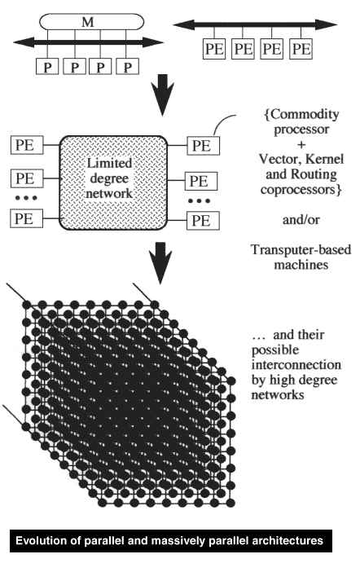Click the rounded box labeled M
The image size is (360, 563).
coord(91,22)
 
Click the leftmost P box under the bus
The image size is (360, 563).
coord(47,67)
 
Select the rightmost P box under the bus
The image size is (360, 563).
coord(127,67)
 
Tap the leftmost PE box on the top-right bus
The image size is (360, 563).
coord(214,48)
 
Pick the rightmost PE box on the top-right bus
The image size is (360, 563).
coord(301,48)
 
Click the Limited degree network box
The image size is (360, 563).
coord(113,183)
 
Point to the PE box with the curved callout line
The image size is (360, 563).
coord(203,146)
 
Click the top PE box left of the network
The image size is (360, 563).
coord(27,145)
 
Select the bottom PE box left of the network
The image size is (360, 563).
coord(27,218)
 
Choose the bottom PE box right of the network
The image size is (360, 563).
coord(203,221)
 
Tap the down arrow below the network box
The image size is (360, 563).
coord(160,263)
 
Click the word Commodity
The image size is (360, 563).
coord(305,115)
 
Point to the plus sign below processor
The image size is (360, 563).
coord(301,144)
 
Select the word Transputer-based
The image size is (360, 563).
coord(301,249)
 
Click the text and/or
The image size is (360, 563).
coord(301,219)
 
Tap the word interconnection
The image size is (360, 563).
coord(296,365)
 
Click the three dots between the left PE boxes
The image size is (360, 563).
coord(26,197)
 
